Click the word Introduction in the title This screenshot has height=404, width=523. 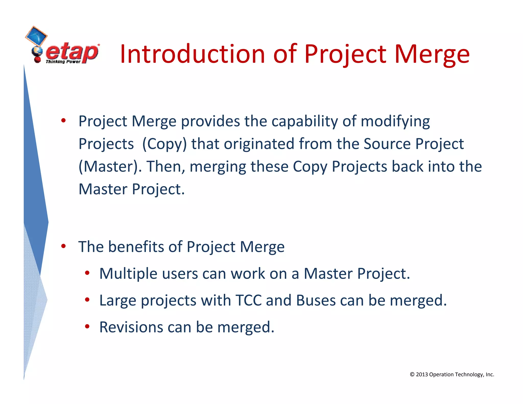(x=193, y=54)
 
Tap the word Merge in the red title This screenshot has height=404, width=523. (x=432, y=54)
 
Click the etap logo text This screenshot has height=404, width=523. (x=72, y=52)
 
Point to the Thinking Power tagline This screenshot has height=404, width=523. (x=63, y=62)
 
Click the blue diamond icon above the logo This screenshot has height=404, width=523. (x=36, y=36)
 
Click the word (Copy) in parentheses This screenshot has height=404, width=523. (x=164, y=144)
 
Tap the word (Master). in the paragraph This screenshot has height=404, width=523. (x=110, y=167)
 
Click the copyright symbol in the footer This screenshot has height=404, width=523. (x=412, y=374)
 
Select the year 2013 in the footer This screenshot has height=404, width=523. (x=422, y=374)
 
